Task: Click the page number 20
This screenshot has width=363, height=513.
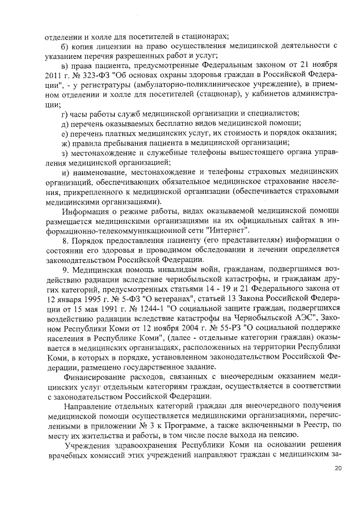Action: pos(338,468)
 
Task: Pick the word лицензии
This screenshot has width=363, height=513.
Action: pos(111,45)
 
